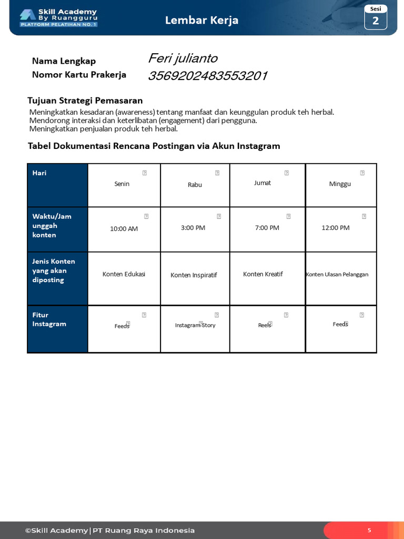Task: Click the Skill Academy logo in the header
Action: coord(58,17)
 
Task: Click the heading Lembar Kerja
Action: coord(201,20)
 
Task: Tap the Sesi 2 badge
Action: coord(376,17)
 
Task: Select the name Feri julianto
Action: coord(183,58)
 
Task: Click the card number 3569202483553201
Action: coord(207,76)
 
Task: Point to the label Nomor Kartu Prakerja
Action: coord(79,75)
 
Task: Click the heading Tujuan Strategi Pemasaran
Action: coord(85,101)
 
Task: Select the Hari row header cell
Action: coord(57,185)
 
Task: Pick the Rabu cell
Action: coord(195,185)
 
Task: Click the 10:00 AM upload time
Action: coord(124,229)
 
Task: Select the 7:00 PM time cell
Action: coord(267,228)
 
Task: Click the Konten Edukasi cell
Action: coord(124,274)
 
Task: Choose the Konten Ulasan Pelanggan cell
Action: coord(337,274)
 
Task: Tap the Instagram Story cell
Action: coord(195,325)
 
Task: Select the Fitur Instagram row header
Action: coord(57,328)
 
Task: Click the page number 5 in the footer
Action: coord(369,530)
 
